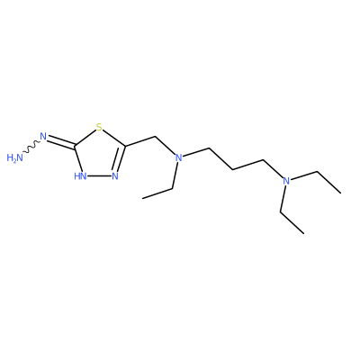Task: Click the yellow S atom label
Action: (x=99, y=128)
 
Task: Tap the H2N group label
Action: (x=14, y=157)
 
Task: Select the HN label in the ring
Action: (x=80, y=175)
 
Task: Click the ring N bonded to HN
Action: (x=115, y=175)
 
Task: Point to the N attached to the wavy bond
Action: (x=43, y=137)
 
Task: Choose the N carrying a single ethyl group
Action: (x=179, y=157)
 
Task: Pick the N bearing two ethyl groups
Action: (x=286, y=181)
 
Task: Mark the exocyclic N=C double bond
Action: (x=61, y=142)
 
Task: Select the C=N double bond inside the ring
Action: (x=120, y=158)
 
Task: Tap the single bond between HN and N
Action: (x=99, y=175)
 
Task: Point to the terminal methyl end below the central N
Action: (x=143, y=198)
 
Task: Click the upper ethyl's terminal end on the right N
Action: (x=340, y=193)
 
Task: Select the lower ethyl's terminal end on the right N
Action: (x=303, y=233)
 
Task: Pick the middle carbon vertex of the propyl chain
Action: (x=233, y=170)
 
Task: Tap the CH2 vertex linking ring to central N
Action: (x=156, y=137)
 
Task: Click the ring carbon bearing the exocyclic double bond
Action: (x=75, y=147)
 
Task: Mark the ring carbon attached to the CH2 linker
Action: (x=125, y=147)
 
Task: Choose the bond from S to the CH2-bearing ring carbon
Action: (x=114, y=139)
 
